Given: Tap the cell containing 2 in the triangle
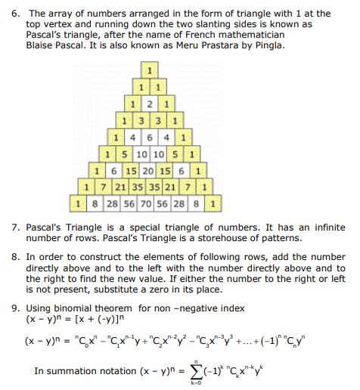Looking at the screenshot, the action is [151, 104].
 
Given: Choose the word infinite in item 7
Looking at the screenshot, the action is [322, 227].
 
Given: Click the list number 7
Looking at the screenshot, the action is [15, 227].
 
